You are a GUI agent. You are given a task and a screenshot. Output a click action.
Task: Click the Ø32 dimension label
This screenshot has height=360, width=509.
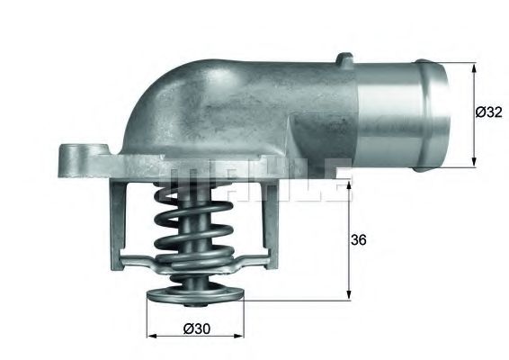[488, 112]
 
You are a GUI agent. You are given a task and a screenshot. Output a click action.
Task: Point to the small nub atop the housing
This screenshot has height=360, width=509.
[343, 61]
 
